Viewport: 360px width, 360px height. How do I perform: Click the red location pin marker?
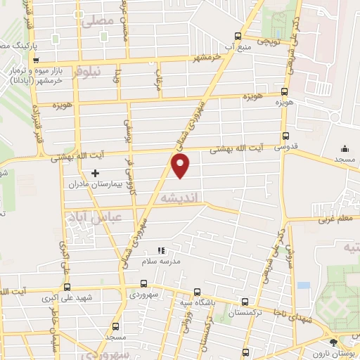181,166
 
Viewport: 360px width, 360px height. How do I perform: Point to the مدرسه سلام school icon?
160,250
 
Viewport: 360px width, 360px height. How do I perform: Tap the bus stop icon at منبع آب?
238,37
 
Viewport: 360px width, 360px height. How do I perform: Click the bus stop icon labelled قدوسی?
285,136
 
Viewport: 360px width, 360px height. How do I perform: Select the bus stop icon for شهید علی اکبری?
67,286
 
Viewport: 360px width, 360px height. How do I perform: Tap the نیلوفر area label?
106,72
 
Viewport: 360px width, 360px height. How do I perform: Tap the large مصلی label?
97,21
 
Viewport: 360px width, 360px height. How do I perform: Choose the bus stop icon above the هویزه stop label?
285,91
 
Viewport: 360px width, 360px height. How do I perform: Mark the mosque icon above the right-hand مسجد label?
345,148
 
